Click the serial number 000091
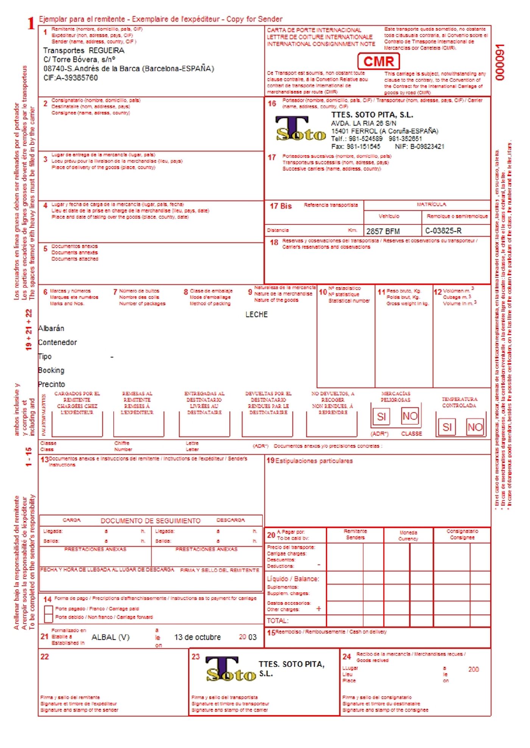tap(500, 62)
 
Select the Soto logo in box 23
tap(231, 669)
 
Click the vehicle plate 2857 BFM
tap(383, 231)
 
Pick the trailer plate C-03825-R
tap(443, 231)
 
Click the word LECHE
tap(256, 314)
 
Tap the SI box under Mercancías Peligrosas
tap(381, 417)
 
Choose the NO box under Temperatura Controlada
tap(475, 427)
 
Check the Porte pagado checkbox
tap(48, 610)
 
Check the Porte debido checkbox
tap(48, 618)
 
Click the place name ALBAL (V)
tap(110, 637)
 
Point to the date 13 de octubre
tap(197, 637)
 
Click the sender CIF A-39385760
tap(70, 78)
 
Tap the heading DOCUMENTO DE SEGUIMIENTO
tap(150, 521)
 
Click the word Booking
tap(51, 370)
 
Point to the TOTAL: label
tap(277, 620)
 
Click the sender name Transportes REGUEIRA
tap(84, 51)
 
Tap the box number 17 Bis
tap(281, 206)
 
